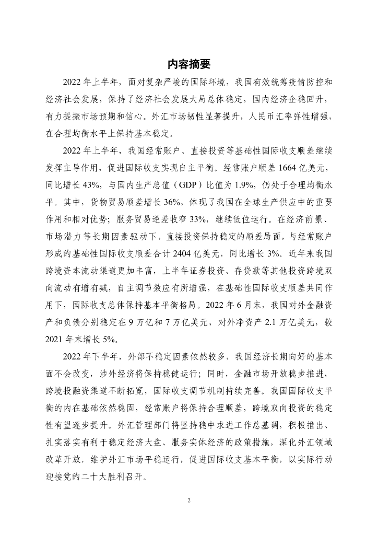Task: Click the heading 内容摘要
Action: click(x=189, y=64)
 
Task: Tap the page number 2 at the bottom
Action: click(x=189, y=500)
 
